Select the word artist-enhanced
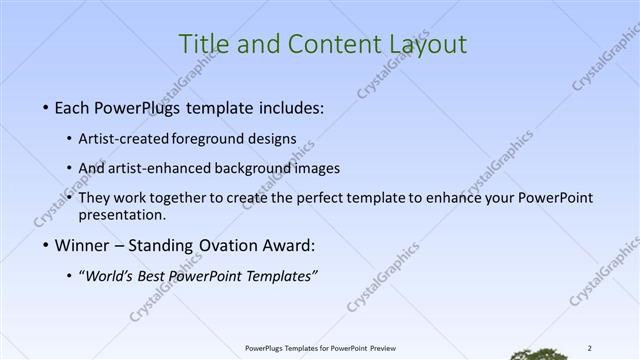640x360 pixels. click(x=152, y=168)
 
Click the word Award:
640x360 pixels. click(x=286, y=245)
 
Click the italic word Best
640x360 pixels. click(x=155, y=276)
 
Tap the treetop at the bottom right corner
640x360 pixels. click(x=541, y=353)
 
